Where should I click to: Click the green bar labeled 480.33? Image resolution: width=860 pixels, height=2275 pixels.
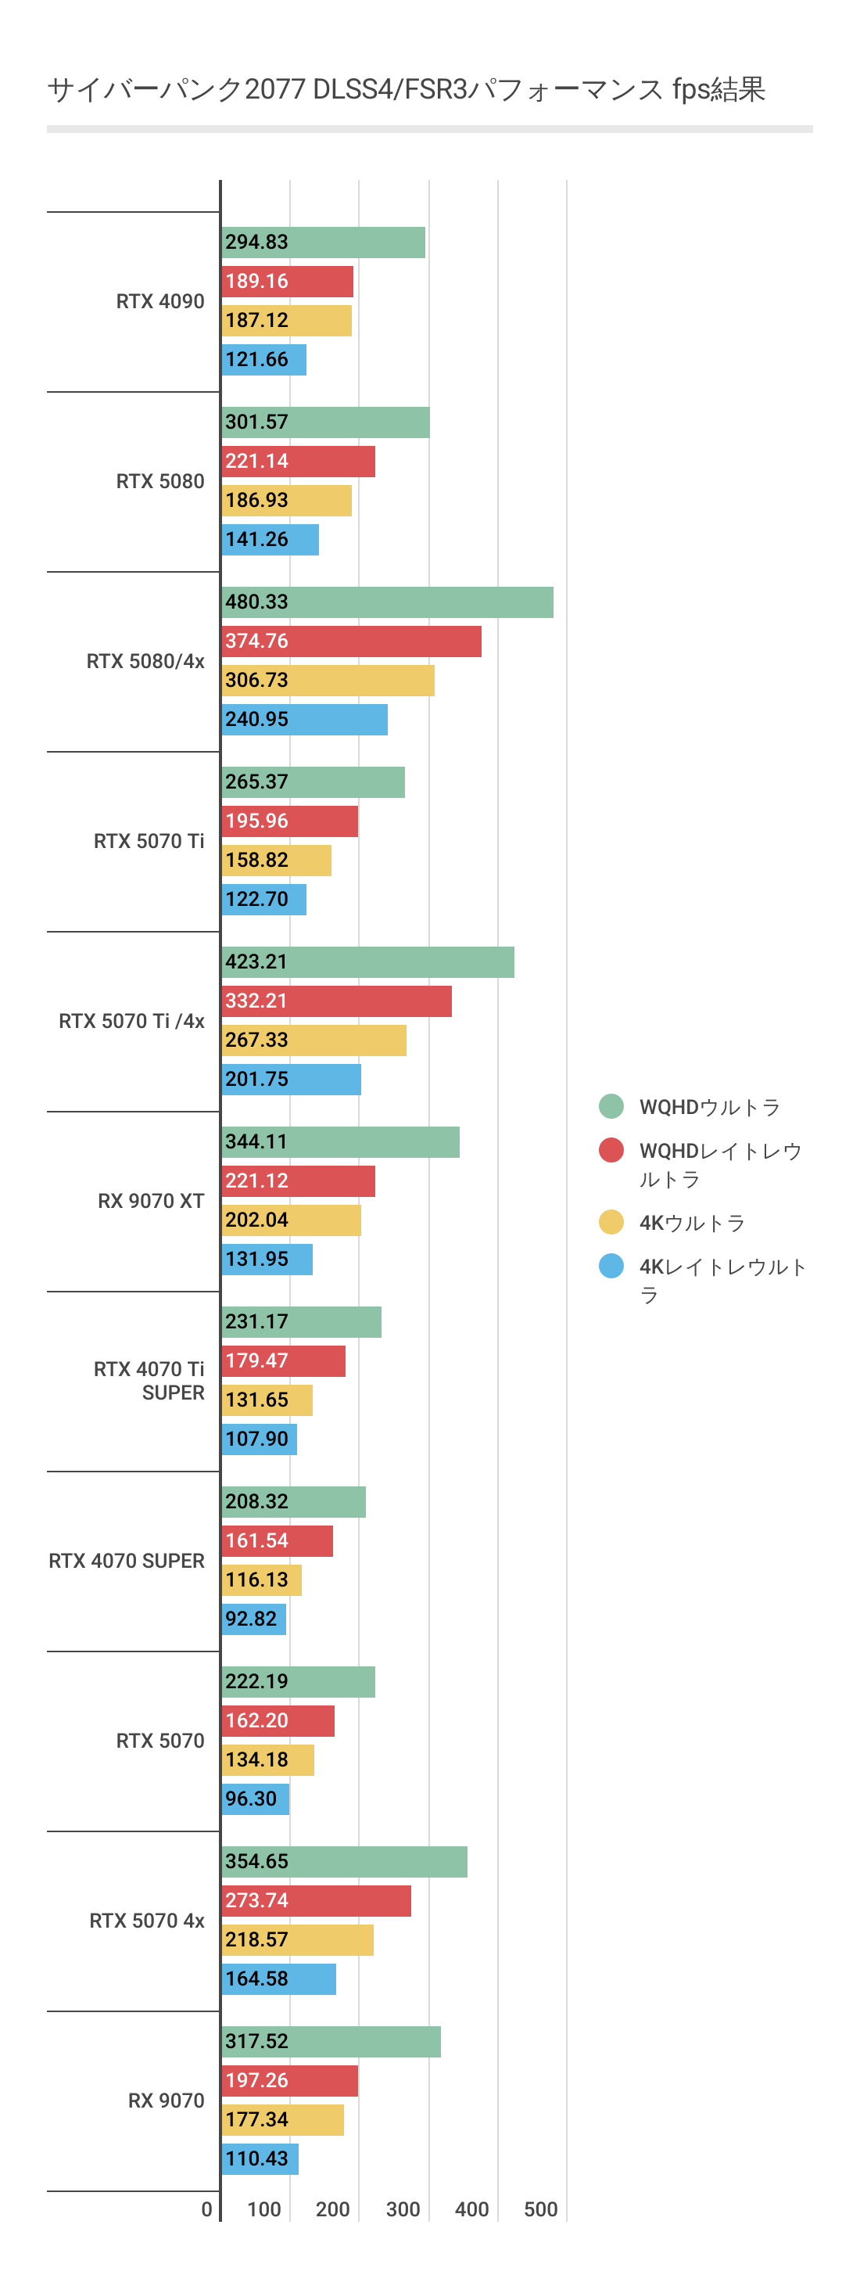click(x=387, y=602)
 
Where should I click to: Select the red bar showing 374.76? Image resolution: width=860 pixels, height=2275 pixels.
click(x=351, y=642)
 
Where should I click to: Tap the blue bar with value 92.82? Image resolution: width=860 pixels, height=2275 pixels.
click(x=253, y=1619)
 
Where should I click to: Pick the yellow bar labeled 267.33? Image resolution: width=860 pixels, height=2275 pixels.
click(x=314, y=1040)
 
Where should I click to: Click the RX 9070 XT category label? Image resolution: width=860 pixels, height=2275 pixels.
click(x=151, y=1201)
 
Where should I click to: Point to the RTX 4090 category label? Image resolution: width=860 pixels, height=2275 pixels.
click(x=159, y=301)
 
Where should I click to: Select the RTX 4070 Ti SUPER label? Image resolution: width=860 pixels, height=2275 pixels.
click(x=149, y=1380)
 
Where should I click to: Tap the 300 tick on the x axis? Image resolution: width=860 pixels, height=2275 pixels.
click(x=403, y=2209)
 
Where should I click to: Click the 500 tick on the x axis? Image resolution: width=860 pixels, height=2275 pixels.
click(x=540, y=2209)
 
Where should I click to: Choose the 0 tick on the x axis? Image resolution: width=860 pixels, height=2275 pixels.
click(x=206, y=2209)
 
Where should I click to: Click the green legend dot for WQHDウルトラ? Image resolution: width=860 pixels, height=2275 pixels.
click(x=611, y=1105)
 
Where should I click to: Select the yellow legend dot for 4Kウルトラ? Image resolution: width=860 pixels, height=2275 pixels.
click(x=611, y=1222)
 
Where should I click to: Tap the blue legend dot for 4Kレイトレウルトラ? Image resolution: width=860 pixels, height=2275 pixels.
click(x=611, y=1267)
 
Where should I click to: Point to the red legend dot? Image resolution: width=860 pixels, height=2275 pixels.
click(x=611, y=1150)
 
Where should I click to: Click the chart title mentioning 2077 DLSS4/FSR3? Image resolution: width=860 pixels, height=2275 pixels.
click(x=407, y=89)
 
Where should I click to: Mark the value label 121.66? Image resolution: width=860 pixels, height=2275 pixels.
click(x=257, y=359)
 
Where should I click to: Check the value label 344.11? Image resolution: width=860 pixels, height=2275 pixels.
click(x=257, y=1142)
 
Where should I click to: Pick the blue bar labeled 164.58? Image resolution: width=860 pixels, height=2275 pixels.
click(x=279, y=1979)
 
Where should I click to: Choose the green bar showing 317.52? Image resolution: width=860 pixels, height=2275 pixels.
click(x=331, y=2042)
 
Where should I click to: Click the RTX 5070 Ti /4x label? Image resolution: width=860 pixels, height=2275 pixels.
click(x=131, y=1021)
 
